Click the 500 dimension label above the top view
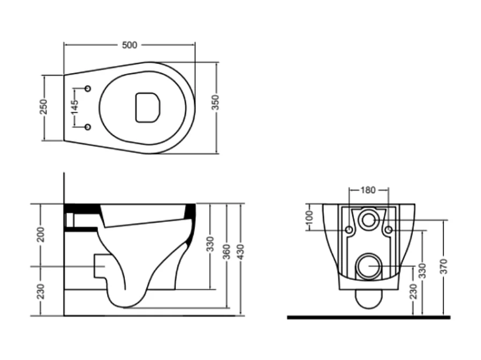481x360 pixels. [129, 45]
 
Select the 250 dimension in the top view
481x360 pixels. [44, 107]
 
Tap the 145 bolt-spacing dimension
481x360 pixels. [75, 107]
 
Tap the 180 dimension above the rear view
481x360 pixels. [368, 190]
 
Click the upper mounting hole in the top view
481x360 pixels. [88, 88]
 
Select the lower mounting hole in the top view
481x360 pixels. [88, 127]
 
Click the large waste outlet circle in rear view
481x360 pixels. [368, 265]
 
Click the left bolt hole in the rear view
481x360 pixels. [349, 230]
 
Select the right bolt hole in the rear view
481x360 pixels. [388, 230]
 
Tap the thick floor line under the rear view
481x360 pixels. [368, 317]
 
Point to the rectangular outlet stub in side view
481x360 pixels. [99, 266]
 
